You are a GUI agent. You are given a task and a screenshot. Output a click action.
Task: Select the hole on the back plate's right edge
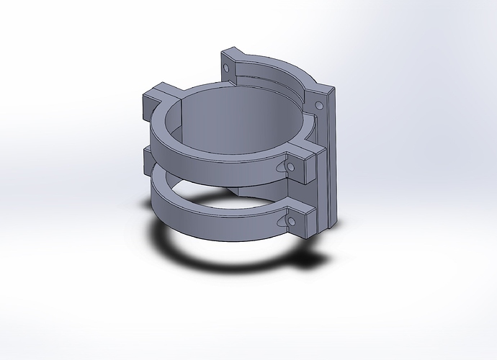click(x=321, y=107)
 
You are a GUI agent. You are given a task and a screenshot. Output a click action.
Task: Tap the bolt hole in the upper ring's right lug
click(x=291, y=166)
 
